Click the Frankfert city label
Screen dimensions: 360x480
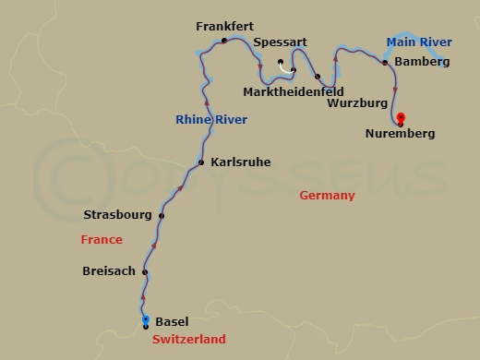[224, 27]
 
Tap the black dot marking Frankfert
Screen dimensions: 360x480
[224, 41]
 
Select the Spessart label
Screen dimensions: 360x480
[280, 42]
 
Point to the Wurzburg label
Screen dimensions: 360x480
[357, 103]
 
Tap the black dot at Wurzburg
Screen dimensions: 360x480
[318, 77]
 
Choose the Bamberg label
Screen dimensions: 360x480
[421, 63]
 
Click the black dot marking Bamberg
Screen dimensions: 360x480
[385, 63]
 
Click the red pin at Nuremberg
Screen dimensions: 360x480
[400, 117]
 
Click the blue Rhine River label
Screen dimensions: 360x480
[210, 119]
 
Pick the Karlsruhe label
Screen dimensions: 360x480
[240, 162]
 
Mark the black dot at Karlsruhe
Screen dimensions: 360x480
[200, 163]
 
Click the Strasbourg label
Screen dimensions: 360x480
[117, 215]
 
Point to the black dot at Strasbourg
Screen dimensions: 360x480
[162, 216]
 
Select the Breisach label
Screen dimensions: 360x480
[109, 271]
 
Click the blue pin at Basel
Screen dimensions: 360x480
[146, 319]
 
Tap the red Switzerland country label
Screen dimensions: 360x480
[188, 340]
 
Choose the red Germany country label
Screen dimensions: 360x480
[328, 196]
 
